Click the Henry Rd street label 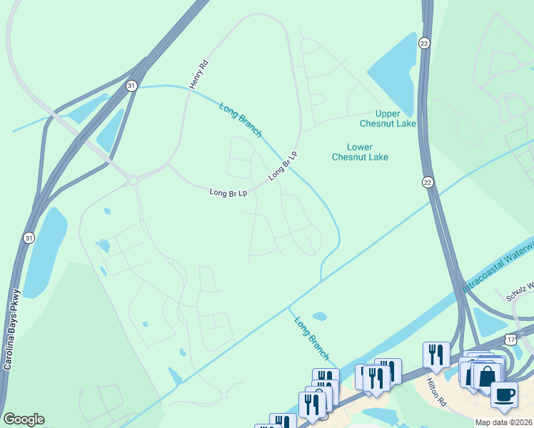[x=198, y=74]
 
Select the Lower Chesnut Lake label [x=360, y=152]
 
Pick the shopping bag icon [x=486, y=375]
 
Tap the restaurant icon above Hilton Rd [x=436, y=355]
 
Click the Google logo [x=24, y=419]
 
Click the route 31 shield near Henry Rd [x=131, y=86]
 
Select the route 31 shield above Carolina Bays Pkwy [x=28, y=238]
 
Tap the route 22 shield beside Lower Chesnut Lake [x=427, y=182]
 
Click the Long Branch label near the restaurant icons [x=312, y=337]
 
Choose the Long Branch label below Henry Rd [x=241, y=119]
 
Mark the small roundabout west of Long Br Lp [x=133, y=180]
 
